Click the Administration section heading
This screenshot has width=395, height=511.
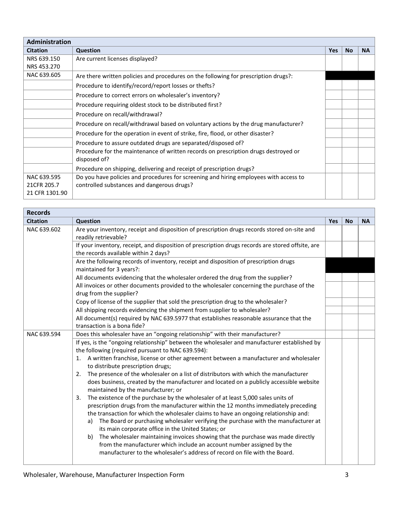pyautogui.click(x=49, y=42)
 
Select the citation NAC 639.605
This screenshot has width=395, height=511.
pyautogui.click(x=44, y=75)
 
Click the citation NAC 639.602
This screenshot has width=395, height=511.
pyautogui.click(x=44, y=229)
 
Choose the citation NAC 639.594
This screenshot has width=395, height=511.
pyautogui.click(x=44, y=334)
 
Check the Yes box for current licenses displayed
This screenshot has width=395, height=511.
pyautogui.click(x=333, y=63)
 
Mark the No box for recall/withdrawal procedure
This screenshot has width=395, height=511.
pyautogui.click(x=349, y=114)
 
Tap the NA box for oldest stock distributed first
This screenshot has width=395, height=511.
pyautogui.click(x=366, y=105)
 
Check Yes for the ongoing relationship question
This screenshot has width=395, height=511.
pyautogui.click(x=333, y=334)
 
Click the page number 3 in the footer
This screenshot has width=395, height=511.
pyautogui.click(x=346, y=475)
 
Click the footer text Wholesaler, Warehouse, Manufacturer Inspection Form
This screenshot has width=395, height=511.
pyautogui.click(x=104, y=475)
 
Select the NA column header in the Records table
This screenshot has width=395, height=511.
pyautogui.click(x=365, y=221)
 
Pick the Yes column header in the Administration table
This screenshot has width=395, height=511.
pyautogui.click(x=333, y=50)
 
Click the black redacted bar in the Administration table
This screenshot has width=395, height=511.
pyautogui.click(x=350, y=75)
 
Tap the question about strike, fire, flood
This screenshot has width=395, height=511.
pyautogui.click(x=175, y=133)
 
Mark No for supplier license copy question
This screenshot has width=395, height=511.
pyautogui.click(x=349, y=302)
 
